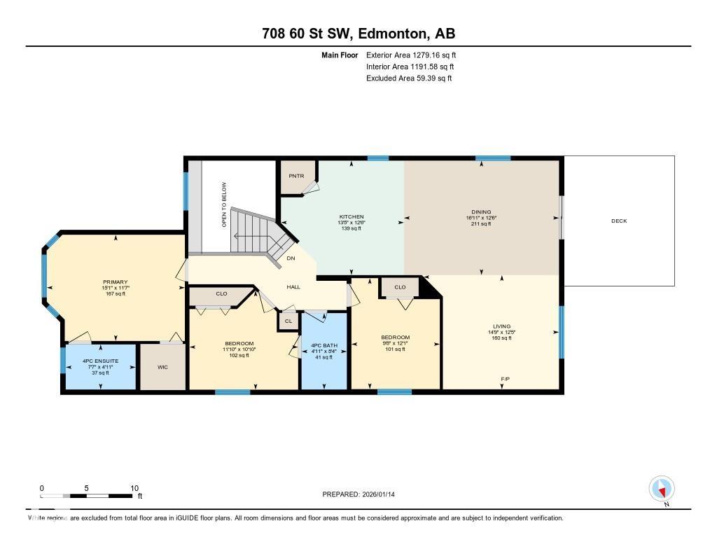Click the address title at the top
358,34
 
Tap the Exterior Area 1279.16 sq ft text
411,55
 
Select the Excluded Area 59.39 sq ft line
409,78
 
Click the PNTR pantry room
296,176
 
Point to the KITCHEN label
351,216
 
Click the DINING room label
481,212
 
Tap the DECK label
619,221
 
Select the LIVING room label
501,326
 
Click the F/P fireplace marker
504,379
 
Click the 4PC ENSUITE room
99,366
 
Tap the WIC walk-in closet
162,367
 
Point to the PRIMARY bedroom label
114,282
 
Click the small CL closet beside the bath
288,321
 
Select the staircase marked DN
262,235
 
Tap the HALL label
293,287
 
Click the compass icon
661,488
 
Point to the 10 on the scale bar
134,488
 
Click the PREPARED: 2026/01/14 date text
363,494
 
